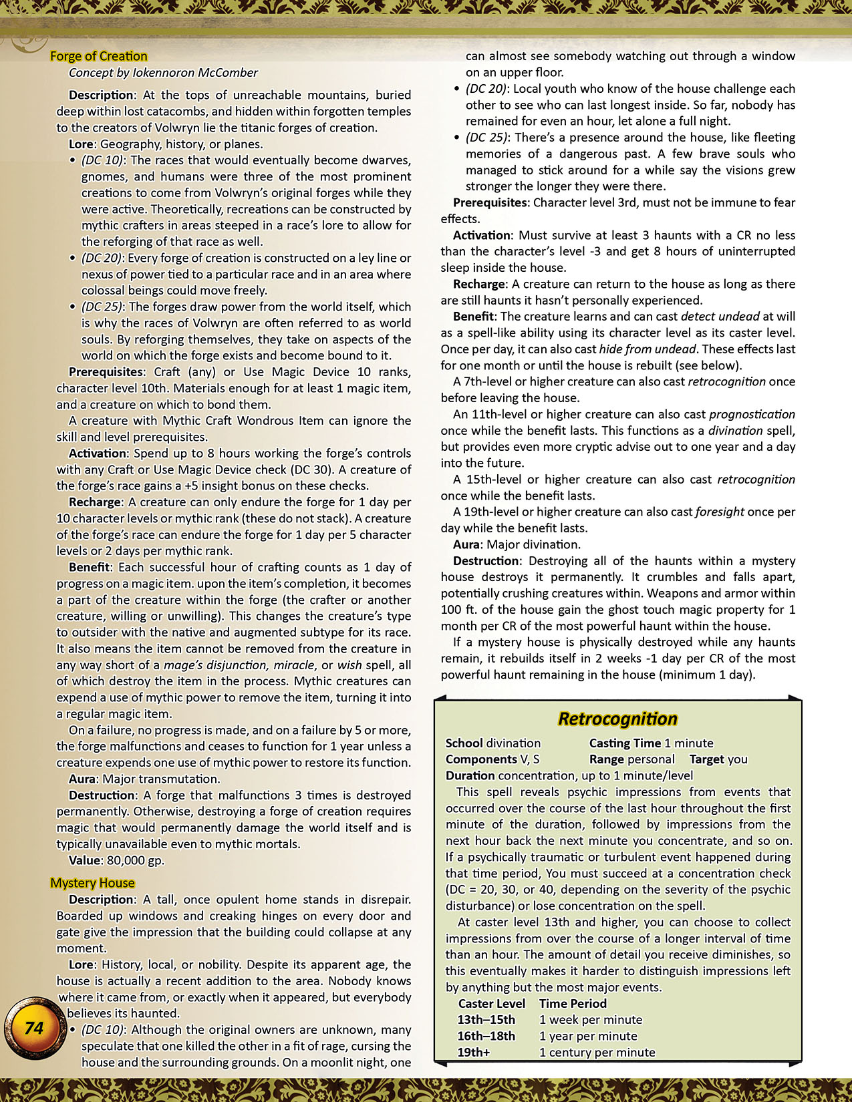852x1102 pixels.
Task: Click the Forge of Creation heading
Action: tap(99, 56)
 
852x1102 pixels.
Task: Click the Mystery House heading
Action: tap(92, 883)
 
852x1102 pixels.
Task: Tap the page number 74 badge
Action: tap(33, 1028)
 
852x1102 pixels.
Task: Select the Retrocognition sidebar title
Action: tap(617, 719)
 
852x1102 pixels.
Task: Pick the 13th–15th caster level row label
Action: tap(486, 1019)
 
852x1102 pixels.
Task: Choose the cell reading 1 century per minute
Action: tap(597, 1052)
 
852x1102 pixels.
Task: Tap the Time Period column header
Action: tap(573, 1003)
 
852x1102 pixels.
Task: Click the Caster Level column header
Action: tap(491, 1003)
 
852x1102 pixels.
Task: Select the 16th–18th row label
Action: tap(486, 1036)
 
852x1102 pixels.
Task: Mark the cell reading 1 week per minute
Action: tap(590, 1019)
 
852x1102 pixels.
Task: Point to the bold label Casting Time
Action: tap(625, 743)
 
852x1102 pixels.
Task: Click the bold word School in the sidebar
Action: tap(464, 743)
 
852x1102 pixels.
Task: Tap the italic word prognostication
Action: tap(752, 414)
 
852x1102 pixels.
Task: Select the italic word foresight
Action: tap(719, 512)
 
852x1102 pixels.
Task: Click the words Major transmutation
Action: tap(160, 779)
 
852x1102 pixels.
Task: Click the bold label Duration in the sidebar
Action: tap(470, 775)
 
